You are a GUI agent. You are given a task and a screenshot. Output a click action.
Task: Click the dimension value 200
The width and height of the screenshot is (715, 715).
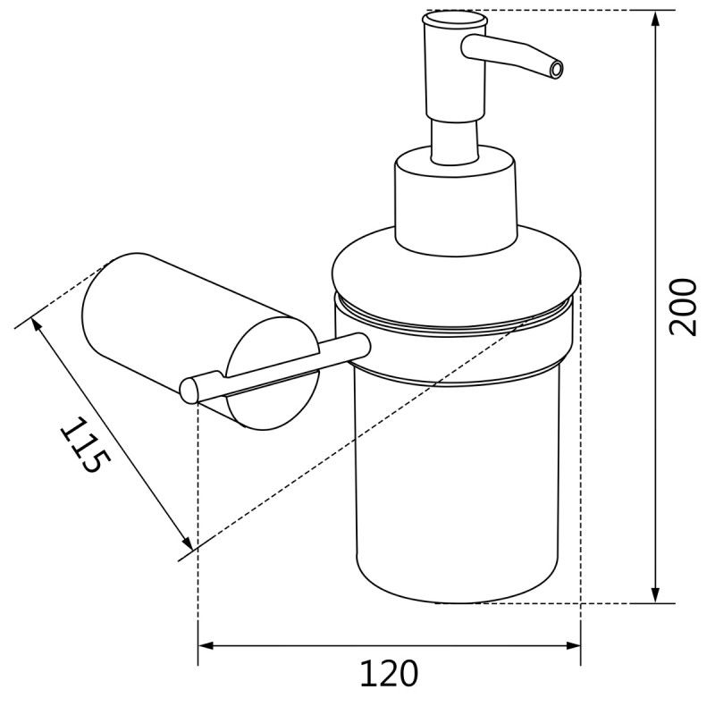click(683, 307)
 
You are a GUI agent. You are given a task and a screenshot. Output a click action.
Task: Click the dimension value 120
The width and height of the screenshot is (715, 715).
click(389, 672)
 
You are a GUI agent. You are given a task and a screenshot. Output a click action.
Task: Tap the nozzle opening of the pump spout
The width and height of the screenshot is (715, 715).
click(557, 68)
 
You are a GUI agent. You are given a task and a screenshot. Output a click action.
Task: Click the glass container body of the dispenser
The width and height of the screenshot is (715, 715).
click(456, 492)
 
